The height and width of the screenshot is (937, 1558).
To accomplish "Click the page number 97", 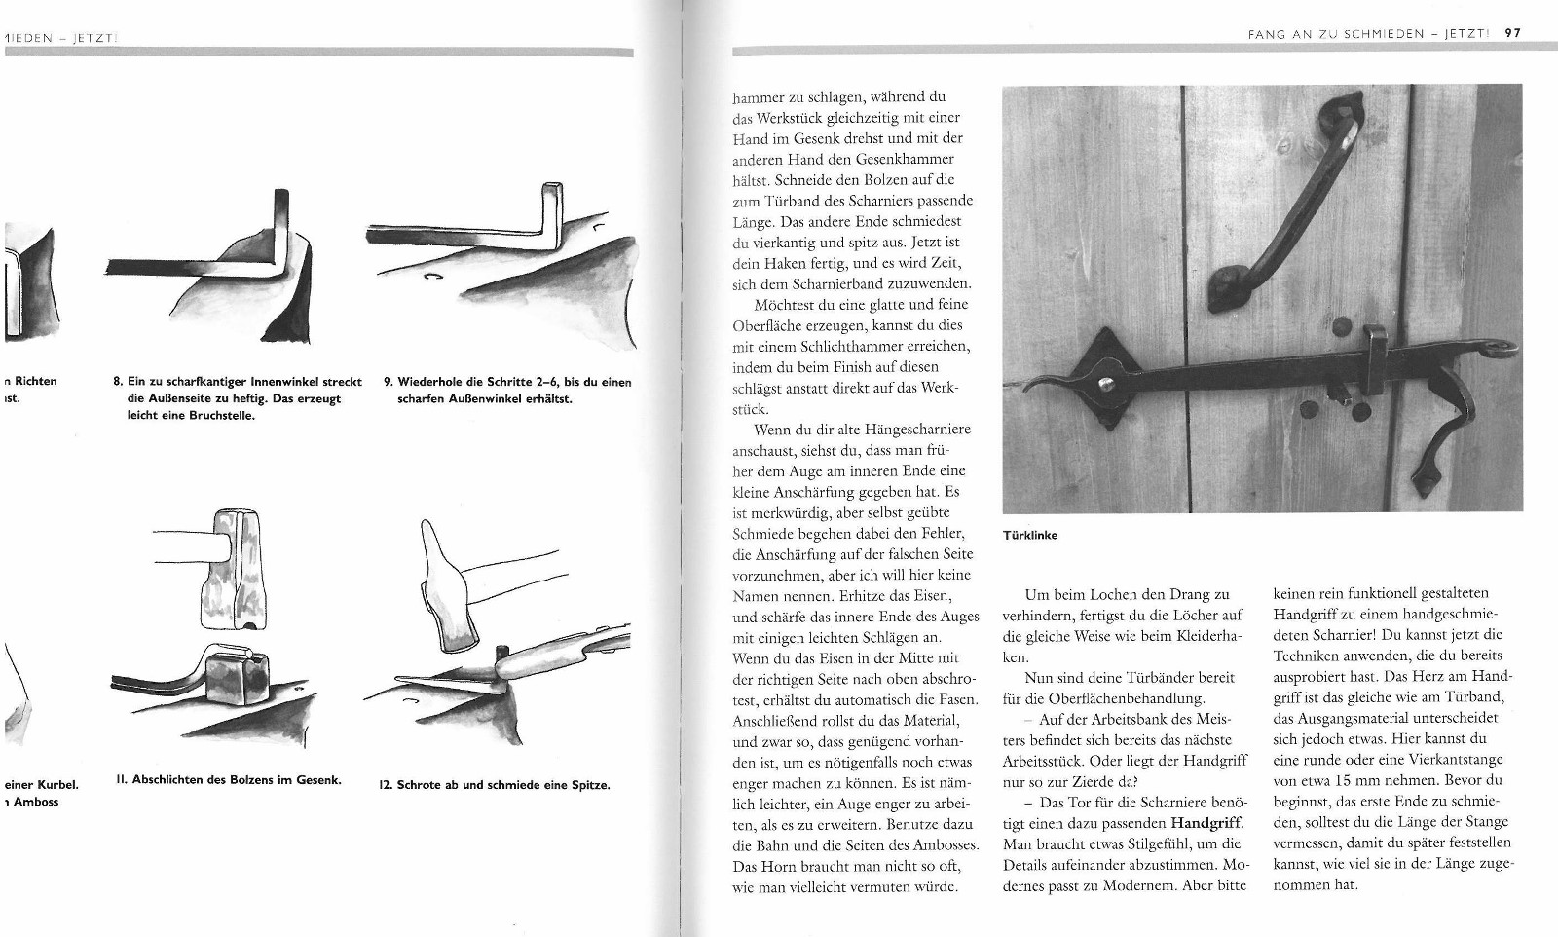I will coord(1512,32).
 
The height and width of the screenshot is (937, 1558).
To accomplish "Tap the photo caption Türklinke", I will coord(1030,535).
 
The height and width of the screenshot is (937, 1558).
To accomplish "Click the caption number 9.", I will coord(388,382).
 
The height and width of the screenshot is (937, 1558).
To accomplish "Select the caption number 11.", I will coord(121,780).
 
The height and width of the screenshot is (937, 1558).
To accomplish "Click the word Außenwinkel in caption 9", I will coord(482,398).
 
